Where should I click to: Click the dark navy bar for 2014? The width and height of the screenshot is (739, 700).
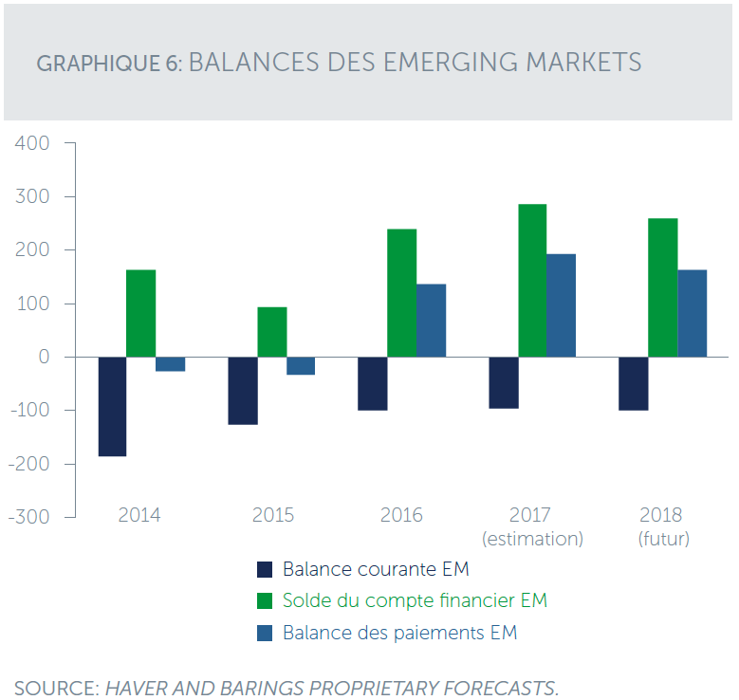[112, 406]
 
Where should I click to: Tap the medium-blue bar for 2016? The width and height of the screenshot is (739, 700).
[432, 321]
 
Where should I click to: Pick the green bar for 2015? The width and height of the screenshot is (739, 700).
[272, 332]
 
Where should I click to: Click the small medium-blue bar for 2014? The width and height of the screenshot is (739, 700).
[170, 364]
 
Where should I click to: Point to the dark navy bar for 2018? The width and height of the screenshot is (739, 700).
[633, 383]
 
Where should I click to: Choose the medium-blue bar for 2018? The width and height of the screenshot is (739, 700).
[692, 313]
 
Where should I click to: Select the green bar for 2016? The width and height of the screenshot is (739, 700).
[402, 293]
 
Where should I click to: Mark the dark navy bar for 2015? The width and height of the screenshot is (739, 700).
[243, 391]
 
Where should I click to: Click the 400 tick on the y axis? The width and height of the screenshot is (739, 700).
[30, 143]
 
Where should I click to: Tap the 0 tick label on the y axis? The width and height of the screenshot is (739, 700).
[44, 357]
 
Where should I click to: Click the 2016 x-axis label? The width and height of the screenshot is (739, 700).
[401, 516]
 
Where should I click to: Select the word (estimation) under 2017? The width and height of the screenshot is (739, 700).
[532, 539]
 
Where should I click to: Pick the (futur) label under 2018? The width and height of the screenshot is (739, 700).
[661, 539]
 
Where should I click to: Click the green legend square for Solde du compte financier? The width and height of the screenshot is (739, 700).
[266, 601]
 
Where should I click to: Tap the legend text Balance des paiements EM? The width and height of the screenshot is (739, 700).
[399, 633]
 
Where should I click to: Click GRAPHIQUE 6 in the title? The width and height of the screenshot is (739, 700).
[108, 64]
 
